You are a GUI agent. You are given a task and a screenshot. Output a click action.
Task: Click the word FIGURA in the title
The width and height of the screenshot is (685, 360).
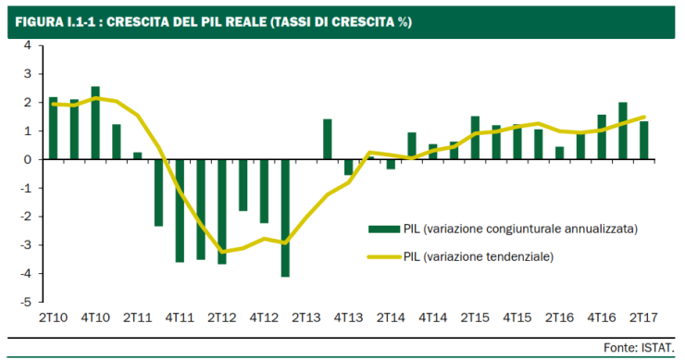click(x=38, y=21)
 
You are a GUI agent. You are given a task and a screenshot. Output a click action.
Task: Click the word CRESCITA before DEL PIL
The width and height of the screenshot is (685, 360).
click(x=141, y=21)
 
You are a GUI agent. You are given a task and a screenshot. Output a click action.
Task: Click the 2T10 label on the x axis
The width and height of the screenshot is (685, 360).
click(x=52, y=317)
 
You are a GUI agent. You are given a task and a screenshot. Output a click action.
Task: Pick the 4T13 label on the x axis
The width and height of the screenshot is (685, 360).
click(x=348, y=317)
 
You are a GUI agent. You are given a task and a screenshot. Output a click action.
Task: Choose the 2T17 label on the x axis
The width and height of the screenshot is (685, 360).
click(x=644, y=317)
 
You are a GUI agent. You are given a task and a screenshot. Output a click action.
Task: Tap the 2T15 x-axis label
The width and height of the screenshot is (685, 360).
click(x=475, y=317)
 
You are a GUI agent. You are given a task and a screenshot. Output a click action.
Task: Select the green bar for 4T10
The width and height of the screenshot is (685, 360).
click(x=95, y=123)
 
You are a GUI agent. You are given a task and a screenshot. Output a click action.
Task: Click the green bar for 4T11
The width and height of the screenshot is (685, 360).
click(x=180, y=210)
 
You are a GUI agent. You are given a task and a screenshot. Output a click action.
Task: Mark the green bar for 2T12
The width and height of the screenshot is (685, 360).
click(x=222, y=211)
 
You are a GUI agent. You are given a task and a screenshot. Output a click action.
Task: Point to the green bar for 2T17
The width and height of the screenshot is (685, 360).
click(x=644, y=140)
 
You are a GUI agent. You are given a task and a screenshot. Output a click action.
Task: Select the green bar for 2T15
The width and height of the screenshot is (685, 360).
click(x=475, y=137)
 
